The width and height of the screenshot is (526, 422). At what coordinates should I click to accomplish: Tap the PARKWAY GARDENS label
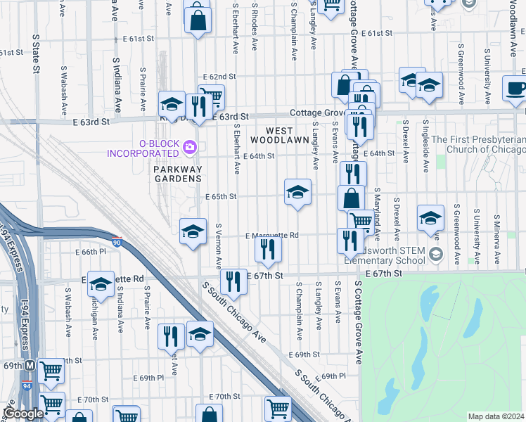pos(178,174)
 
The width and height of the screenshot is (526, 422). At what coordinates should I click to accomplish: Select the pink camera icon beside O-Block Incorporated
pos(188,148)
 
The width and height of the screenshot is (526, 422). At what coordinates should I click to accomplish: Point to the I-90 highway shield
pos(117,242)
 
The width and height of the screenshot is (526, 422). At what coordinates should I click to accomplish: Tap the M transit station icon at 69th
pos(30,366)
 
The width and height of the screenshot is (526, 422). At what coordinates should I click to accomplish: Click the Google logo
pos(23,414)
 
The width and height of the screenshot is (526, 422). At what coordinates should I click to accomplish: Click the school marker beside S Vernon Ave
pos(193,232)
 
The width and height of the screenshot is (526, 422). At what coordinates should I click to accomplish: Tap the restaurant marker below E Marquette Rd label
pos(268,249)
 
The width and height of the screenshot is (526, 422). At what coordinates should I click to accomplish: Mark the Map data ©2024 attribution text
pos(495,416)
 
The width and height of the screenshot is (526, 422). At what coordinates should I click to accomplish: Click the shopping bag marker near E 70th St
pos(208,415)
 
